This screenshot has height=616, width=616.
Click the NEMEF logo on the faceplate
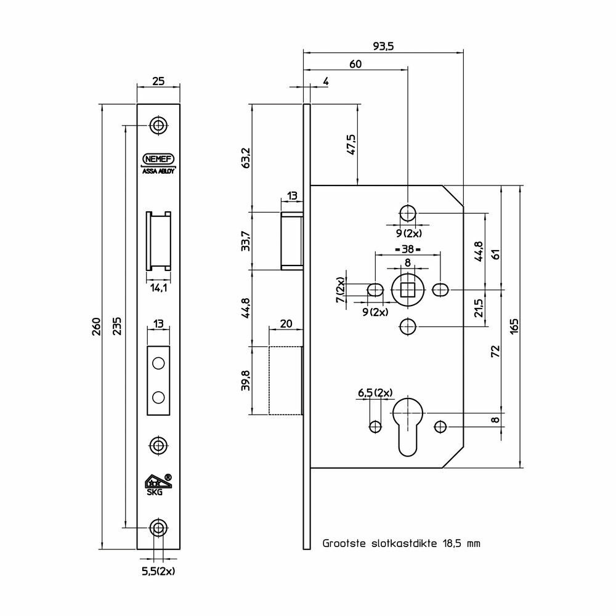tap(158, 159)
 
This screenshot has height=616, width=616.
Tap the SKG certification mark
tap(158, 485)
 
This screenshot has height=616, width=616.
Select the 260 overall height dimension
tap(97, 326)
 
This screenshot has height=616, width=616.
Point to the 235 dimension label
tap(117, 326)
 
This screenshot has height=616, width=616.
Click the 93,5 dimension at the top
tap(383, 46)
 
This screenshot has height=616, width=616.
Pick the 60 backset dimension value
tap(355, 64)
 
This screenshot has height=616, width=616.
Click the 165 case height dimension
tap(514, 326)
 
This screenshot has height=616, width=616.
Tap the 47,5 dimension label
tap(351, 145)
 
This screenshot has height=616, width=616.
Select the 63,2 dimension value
tap(246, 158)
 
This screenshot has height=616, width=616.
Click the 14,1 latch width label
tap(159, 288)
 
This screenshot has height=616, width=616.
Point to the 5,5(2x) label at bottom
tap(158, 571)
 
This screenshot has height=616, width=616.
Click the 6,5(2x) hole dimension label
tap(375, 393)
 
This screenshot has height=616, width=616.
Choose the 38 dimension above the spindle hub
tap(407, 249)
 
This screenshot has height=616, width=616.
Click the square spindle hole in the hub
tap(408, 290)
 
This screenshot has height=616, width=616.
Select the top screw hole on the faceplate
tap(158, 126)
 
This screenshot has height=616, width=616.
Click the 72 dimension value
tap(496, 351)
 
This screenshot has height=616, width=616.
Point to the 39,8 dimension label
tap(246, 380)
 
